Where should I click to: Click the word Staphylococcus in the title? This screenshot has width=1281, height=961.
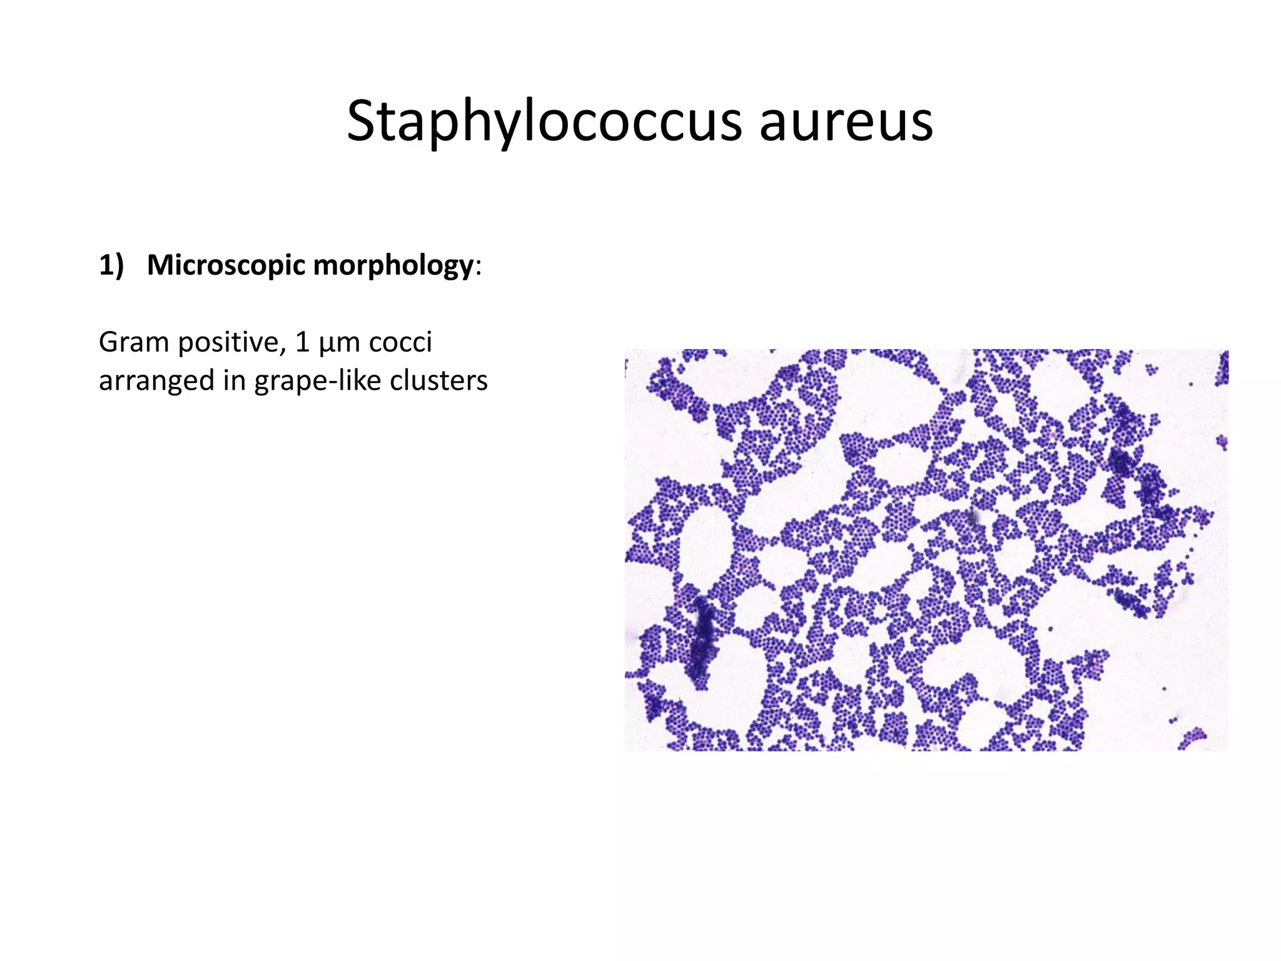point(544,122)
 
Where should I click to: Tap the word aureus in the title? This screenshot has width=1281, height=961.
point(846,122)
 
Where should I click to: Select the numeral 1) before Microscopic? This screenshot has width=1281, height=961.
point(111,265)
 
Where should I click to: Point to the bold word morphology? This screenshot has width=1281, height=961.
point(393,265)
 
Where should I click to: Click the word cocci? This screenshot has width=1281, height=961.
point(400,342)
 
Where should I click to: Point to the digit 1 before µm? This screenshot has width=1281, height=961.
point(303,342)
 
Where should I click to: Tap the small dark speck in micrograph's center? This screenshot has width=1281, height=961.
point(972,517)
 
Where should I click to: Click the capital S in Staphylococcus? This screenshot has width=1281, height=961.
point(361,122)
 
